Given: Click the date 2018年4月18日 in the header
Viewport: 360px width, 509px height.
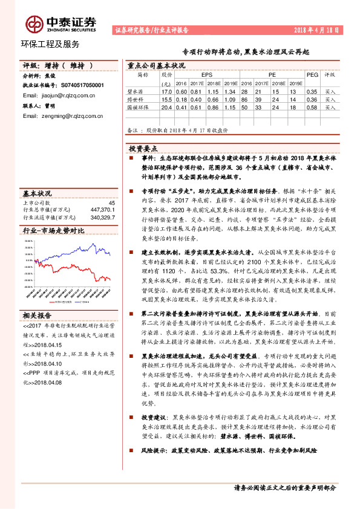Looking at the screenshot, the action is pos(313,29).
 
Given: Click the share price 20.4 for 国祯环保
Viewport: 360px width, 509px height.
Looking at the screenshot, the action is pos(166,106).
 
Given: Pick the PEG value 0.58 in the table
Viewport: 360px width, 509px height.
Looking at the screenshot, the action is pos(312,106).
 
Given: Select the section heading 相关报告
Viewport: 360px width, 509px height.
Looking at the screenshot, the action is pos(38,315).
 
